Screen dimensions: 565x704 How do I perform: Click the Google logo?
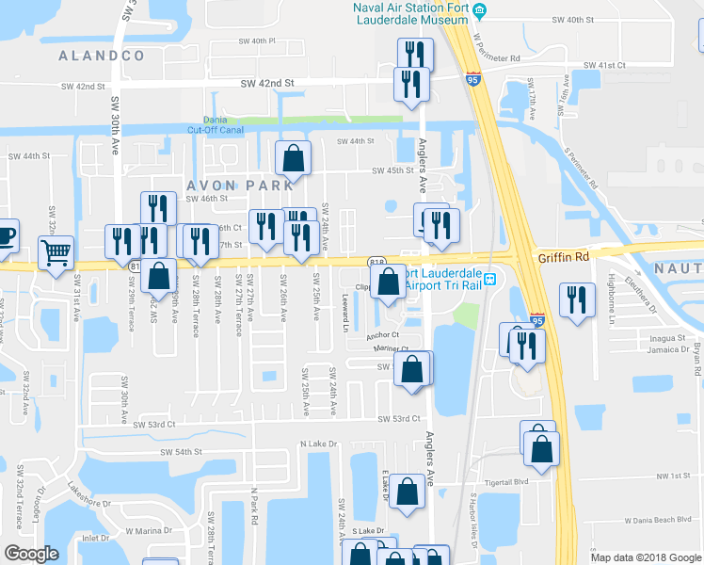coord(32,554)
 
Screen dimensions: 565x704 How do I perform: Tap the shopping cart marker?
coord(56,251)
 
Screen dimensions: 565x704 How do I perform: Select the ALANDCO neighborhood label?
coord(102,56)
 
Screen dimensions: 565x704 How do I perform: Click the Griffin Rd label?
coord(563,256)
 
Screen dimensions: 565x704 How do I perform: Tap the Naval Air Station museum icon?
coord(480,10)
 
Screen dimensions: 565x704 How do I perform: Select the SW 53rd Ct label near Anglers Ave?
coord(399,418)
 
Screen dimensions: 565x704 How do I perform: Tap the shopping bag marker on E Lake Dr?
coord(406,492)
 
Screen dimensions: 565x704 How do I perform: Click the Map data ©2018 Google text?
coord(644,557)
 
